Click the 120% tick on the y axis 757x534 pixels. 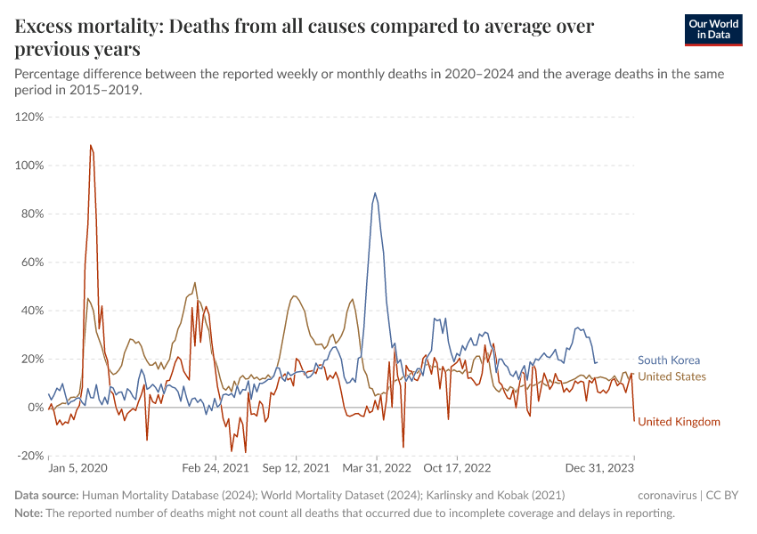(29, 117)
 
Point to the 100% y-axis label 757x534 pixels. (29, 166)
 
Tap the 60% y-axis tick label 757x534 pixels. (32, 263)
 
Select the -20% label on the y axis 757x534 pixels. (30, 456)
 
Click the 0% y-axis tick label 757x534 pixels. (36, 408)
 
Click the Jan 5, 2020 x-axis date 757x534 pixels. (77, 467)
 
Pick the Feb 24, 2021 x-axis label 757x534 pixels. (215, 467)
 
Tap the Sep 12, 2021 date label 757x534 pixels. (297, 467)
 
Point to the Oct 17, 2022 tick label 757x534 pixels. (457, 467)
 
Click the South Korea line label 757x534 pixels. (669, 360)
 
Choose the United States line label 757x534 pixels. (672, 376)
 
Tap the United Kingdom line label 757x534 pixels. (679, 422)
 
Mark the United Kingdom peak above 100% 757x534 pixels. (91, 145)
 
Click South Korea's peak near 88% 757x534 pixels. (375, 193)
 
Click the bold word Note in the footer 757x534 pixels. (28, 514)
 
